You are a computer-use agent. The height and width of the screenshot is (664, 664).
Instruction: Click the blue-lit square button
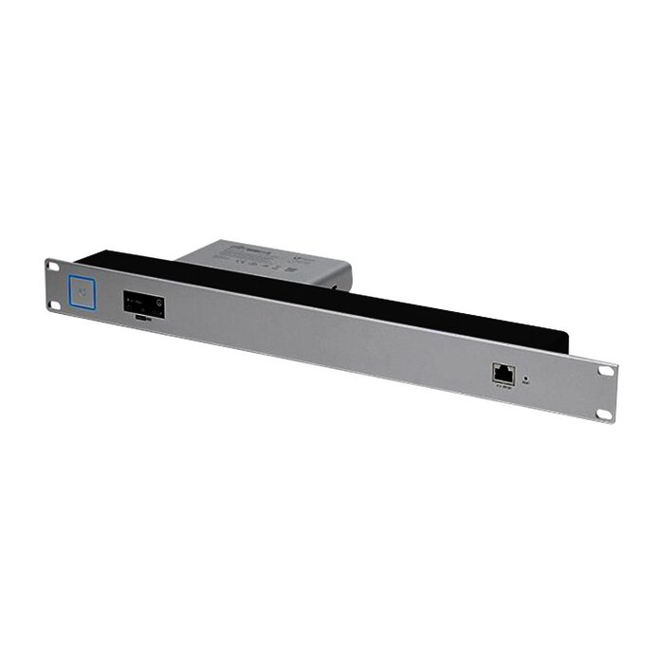coord(84,291)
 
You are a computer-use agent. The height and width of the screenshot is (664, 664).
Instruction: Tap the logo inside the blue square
coord(84,291)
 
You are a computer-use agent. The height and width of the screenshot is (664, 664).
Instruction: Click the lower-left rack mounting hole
coord(53,303)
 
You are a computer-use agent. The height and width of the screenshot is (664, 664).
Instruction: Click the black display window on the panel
coord(143,305)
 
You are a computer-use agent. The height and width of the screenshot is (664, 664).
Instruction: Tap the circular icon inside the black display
coord(158,304)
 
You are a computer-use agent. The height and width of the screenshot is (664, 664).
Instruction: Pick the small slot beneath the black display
coord(141,321)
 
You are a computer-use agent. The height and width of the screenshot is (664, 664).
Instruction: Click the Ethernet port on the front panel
coord(503,373)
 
